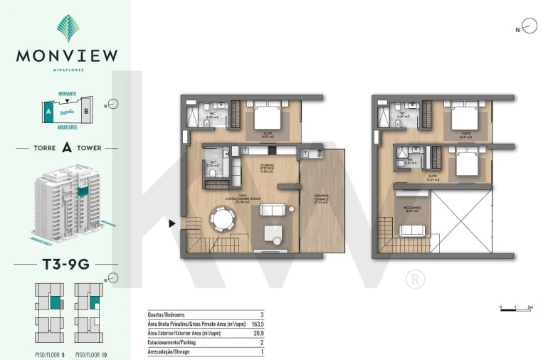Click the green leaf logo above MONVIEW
pyautogui.click(x=68, y=28)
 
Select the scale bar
pyautogui.click(x=516, y=309)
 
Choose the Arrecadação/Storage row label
pyautogui.click(x=169, y=351)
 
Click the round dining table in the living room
pyautogui.click(x=223, y=219)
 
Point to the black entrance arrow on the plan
pyautogui.click(x=172, y=223)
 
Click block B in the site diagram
pyautogui.click(x=85, y=111)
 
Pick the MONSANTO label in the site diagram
pyautogui.click(x=68, y=94)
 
